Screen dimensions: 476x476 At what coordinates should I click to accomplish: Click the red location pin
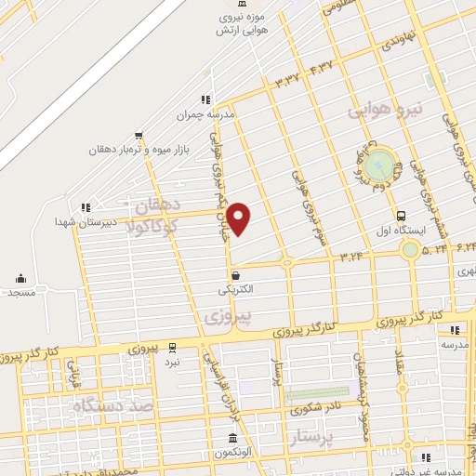click(240, 218)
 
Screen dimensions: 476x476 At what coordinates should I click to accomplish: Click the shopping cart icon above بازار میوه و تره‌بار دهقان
click(139, 135)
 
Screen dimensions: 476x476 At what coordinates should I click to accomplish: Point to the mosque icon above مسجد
click(20, 278)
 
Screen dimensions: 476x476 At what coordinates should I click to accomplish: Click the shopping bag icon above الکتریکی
click(235, 275)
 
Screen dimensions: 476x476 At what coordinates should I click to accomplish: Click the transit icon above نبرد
click(173, 348)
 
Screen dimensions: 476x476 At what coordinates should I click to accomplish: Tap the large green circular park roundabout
click(379, 166)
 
